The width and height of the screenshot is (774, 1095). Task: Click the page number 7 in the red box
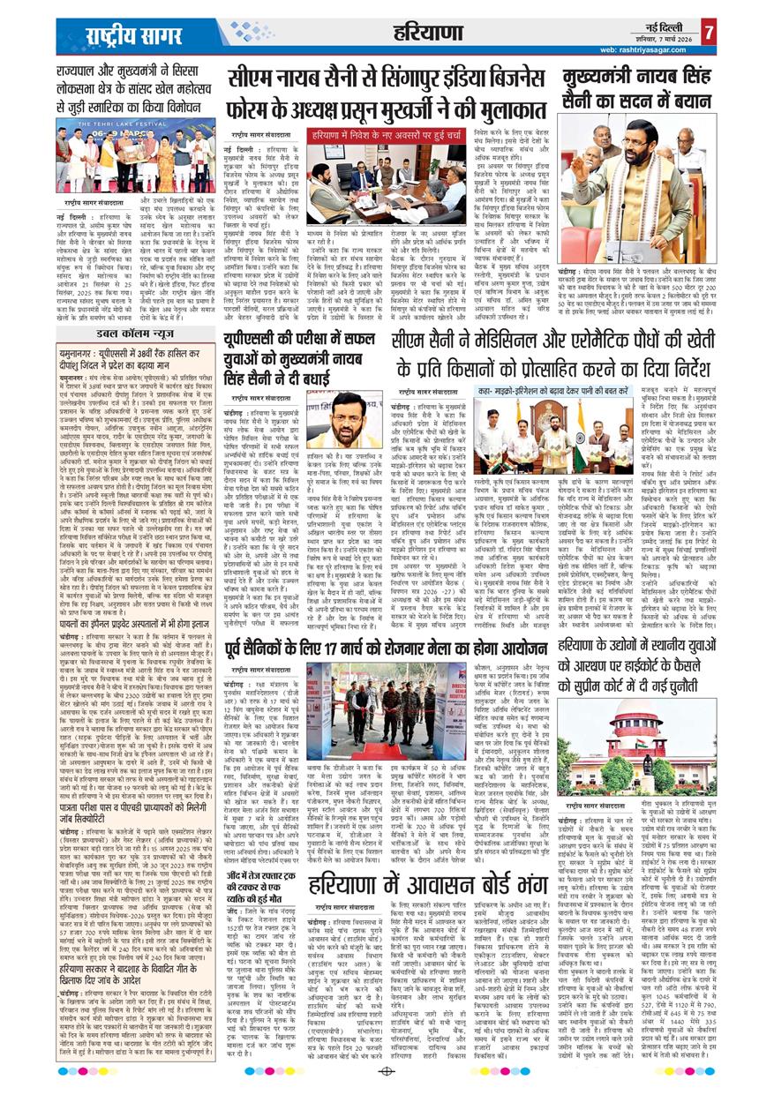click(x=709, y=34)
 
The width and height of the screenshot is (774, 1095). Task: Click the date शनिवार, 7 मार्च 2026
click(x=664, y=40)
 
